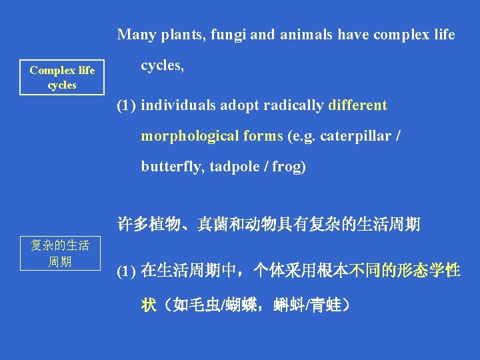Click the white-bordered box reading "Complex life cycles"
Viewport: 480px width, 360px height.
click(x=62, y=78)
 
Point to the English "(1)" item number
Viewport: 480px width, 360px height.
click(x=127, y=105)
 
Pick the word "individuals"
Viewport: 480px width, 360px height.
click(x=178, y=105)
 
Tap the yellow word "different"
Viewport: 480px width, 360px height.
click(x=359, y=105)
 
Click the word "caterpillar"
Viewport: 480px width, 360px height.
click(x=356, y=136)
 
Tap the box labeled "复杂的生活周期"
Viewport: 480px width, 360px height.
click(x=61, y=253)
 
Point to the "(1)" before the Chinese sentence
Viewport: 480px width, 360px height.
click(x=127, y=271)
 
